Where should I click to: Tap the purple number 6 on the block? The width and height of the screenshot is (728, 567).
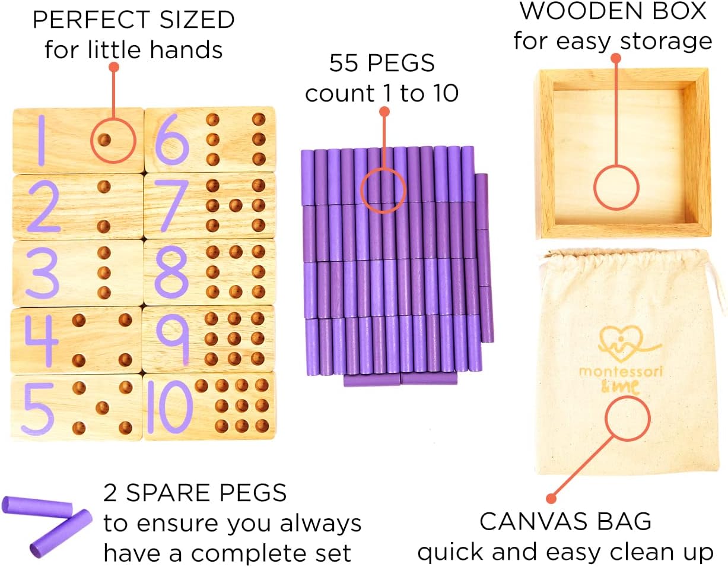[171, 141]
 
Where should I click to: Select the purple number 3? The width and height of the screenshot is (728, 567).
[40, 273]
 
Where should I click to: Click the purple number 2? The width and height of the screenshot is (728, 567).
[41, 207]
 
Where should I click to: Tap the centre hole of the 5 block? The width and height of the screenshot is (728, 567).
[103, 407]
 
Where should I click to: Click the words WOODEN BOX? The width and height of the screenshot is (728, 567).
[613, 11]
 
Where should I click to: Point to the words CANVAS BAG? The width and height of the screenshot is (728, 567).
[565, 522]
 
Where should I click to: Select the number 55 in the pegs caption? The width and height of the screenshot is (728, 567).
[344, 64]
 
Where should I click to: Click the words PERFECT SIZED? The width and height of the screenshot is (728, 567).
[133, 20]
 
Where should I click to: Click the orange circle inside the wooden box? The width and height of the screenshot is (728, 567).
[616, 187]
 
